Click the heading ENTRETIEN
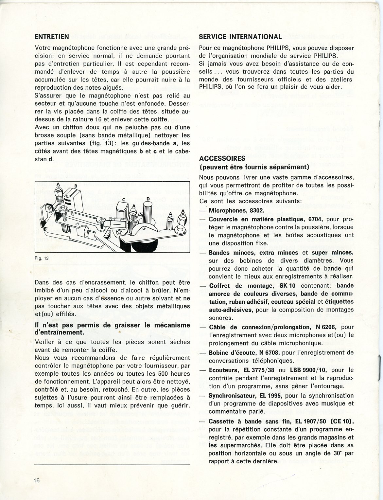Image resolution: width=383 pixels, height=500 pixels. click(x=52, y=37)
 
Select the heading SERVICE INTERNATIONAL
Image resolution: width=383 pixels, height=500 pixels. click(x=240, y=37)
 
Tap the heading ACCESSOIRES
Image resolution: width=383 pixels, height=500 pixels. click(x=222, y=158)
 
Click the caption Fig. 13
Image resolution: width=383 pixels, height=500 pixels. click(x=41, y=258)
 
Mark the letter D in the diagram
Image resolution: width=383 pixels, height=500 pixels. click(x=148, y=199)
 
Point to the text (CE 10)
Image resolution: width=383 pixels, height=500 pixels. click(x=342, y=421)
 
